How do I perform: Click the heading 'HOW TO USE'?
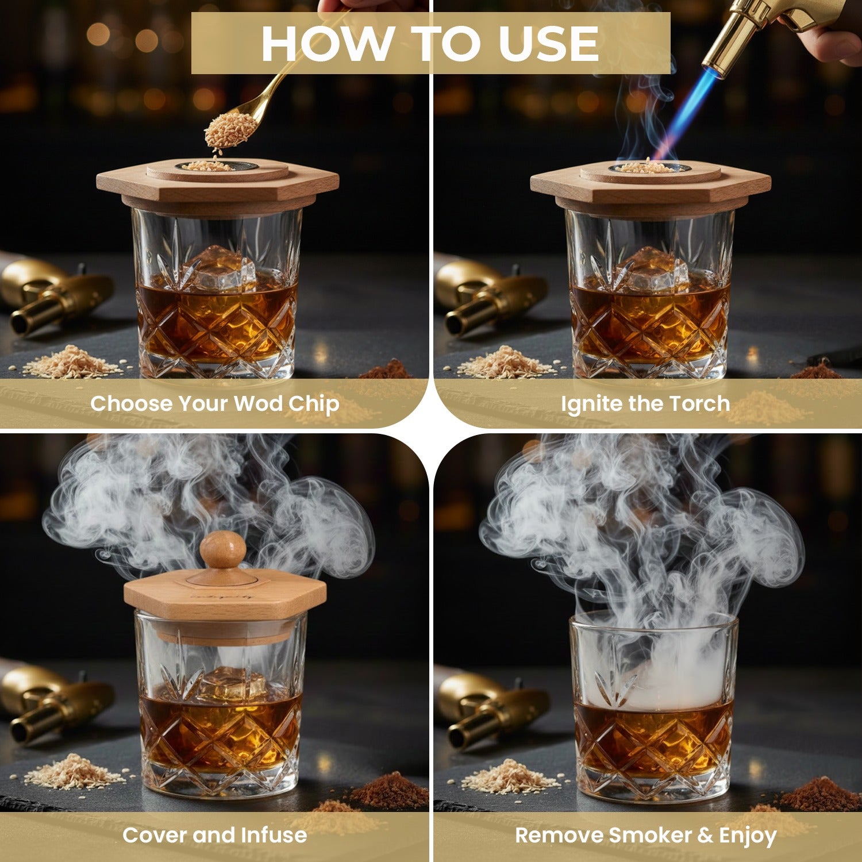click(x=430, y=44)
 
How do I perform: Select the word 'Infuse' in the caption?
click(x=274, y=835)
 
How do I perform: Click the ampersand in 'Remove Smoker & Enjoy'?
click(x=705, y=836)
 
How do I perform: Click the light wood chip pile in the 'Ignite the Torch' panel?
click(x=506, y=362)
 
